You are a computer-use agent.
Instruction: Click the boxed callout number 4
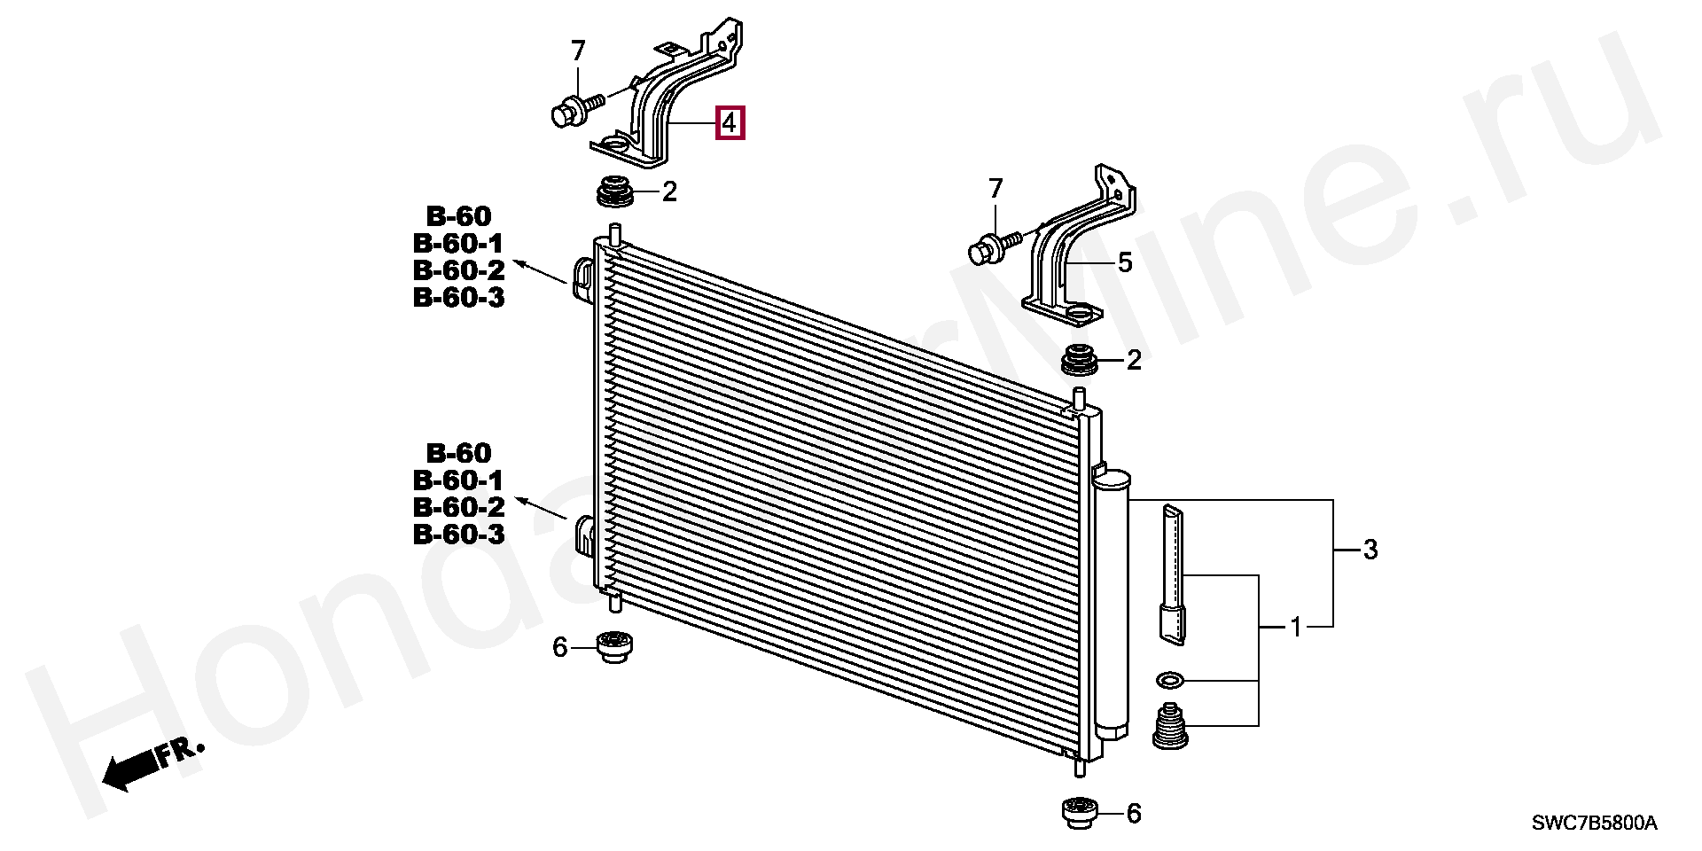tap(730, 122)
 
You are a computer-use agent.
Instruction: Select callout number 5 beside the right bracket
tap(1124, 262)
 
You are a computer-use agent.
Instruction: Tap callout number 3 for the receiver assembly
tap(1370, 550)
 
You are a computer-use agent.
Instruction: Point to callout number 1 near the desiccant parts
tap(1295, 628)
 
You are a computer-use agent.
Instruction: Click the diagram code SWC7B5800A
tap(1594, 824)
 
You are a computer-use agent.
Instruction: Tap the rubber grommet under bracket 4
tap(614, 192)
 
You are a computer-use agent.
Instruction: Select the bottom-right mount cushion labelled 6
tap(1079, 812)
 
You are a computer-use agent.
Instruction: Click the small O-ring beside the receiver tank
tap(1169, 680)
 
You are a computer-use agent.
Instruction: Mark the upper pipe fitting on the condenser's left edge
tap(584, 278)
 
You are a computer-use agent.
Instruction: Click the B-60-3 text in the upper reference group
tap(458, 297)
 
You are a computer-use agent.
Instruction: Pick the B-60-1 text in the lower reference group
tap(457, 480)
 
